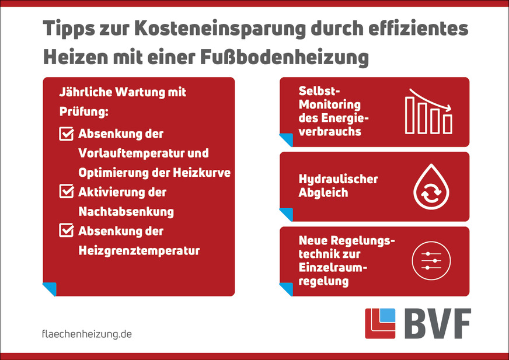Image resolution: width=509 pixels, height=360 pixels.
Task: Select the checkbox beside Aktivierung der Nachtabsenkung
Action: [66, 191]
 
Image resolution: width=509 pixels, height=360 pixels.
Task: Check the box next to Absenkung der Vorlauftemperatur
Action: [66, 134]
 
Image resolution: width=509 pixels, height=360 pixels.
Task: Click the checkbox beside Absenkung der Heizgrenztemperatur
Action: [66, 230]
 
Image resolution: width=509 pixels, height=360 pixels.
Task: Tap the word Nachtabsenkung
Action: [126, 211]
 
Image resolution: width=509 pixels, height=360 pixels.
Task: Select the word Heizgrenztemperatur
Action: [139, 250]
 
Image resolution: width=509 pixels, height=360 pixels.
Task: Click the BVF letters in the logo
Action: [437, 323]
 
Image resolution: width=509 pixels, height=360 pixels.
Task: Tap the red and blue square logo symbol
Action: [379, 323]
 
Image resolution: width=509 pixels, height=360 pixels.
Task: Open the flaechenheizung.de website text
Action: [87, 334]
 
